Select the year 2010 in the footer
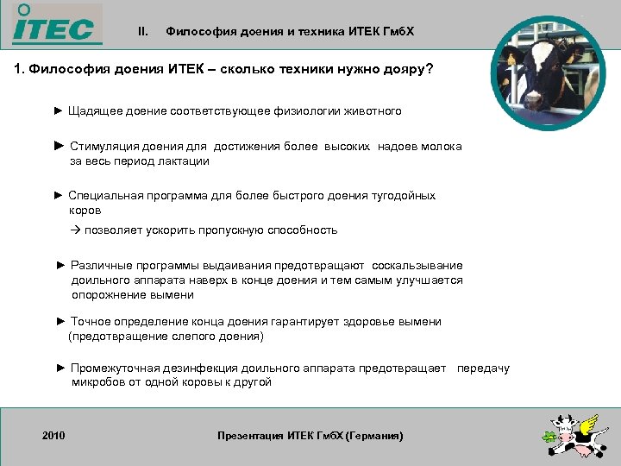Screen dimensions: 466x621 coord(54,435)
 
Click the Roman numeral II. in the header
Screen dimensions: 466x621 coord(143,32)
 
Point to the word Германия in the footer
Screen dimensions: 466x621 coord(373,436)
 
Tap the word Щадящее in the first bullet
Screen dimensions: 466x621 coord(95,111)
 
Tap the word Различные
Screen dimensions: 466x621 coord(100,266)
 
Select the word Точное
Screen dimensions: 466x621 coord(90,322)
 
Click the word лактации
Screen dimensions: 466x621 coord(184,161)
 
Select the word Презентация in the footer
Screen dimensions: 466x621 coord(251,436)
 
